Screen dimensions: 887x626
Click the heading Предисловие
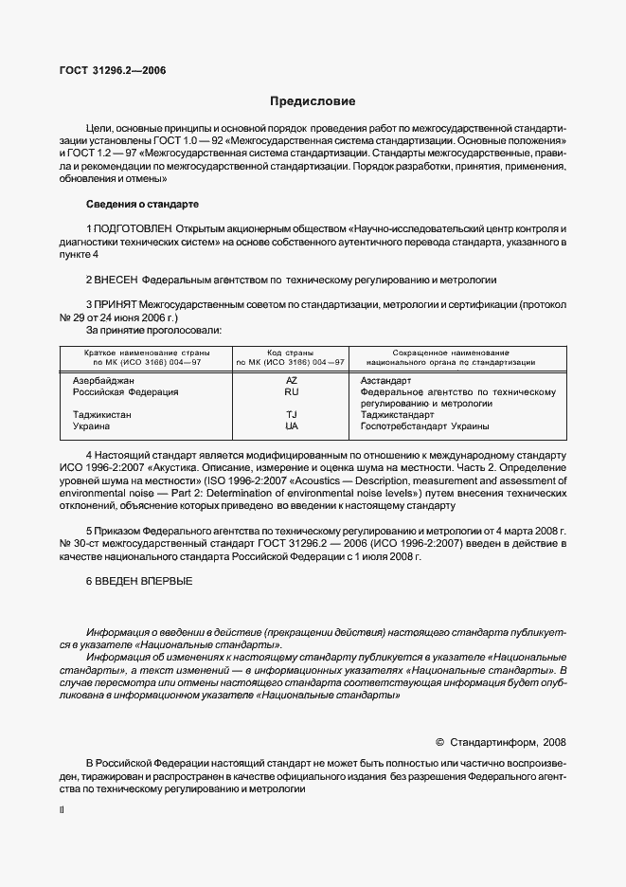coord(313,101)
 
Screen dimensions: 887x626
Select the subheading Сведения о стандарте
coord(142,204)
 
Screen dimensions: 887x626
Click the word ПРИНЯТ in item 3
coord(116,306)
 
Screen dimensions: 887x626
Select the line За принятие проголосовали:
coord(154,331)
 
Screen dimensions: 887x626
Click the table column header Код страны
coord(291,352)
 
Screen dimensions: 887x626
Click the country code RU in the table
coord(291,391)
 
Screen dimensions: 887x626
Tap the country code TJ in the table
coord(291,415)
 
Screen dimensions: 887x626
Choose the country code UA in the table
coord(291,426)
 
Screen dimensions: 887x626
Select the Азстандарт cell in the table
coord(385,380)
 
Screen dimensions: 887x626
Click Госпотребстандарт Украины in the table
coord(425,426)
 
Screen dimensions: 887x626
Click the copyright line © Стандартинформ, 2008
coord(499,743)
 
